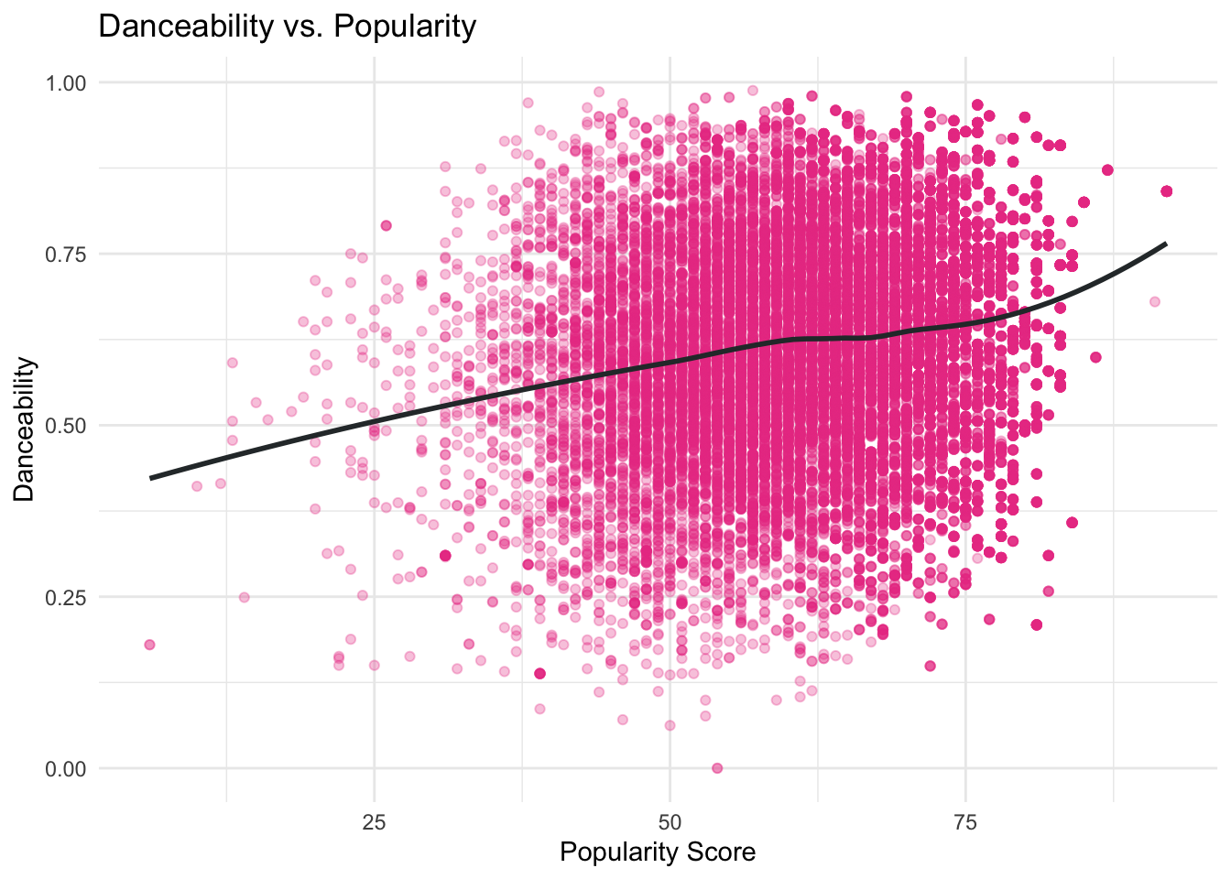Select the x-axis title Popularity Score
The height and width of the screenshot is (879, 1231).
click(x=657, y=852)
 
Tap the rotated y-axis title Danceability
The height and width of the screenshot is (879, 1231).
click(x=25, y=429)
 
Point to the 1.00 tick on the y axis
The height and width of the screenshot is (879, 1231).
click(x=65, y=82)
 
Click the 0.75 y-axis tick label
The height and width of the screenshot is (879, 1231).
click(x=65, y=254)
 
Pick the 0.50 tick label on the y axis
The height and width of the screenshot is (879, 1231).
click(x=65, y=426)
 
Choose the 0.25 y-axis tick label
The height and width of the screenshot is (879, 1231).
click(x=65, y=597)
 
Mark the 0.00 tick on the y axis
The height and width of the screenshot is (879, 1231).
click(x=65, y=768)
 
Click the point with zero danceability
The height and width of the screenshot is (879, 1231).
click(x=717, y=768)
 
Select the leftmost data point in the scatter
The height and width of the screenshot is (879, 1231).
click(x=149, y=645)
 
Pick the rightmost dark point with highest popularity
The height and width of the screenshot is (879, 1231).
click(x=1166, y=190)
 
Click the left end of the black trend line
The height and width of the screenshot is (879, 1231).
click(x=151, y=478)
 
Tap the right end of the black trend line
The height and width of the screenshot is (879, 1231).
click(x=1165, y=244)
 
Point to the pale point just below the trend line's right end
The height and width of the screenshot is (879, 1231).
click(x=1154, y=301)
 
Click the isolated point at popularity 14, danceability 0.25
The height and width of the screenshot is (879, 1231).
click(x=244, y=597)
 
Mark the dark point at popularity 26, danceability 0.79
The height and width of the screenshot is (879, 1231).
click(x=386, y=225)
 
